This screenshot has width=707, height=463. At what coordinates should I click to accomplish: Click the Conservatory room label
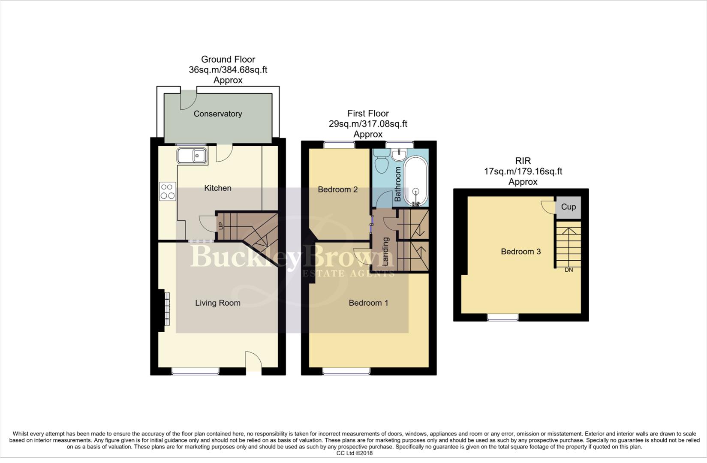tap(218, 114)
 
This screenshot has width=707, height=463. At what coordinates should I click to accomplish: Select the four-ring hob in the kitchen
tap(167, 191)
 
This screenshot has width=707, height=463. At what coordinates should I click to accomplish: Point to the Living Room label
tap(217, 303)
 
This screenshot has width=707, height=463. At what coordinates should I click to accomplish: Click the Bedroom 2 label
tap(337, 189)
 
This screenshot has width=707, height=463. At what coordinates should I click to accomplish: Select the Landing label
tap(385, 251)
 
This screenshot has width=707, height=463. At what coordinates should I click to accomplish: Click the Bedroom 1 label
tap(368, 303)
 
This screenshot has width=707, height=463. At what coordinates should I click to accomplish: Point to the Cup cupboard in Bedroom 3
tap(569, 207)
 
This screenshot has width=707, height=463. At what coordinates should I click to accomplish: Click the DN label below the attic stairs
tap(569, 270)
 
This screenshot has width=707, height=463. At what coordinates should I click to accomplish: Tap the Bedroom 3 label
tap(520, 252)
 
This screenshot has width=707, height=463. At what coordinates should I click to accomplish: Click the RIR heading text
tap(523, 161)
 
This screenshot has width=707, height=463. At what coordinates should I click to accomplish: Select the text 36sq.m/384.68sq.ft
tap(228, 70)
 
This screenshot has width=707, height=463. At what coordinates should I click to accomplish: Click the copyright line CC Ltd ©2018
tap(354, 453)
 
